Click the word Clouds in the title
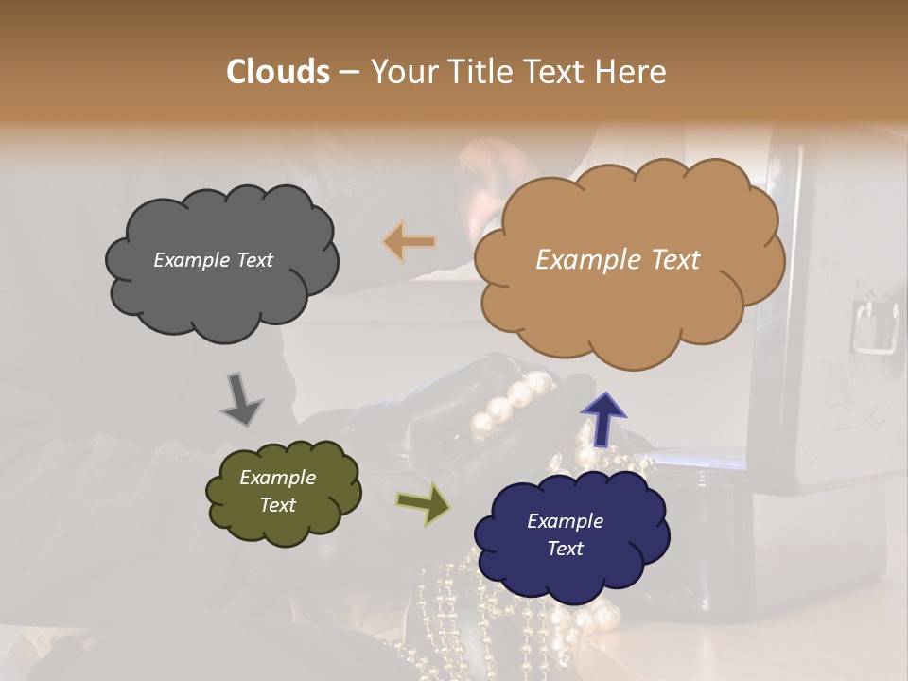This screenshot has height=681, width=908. coord(278,72)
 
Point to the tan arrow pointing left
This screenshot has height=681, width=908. coord(410,242)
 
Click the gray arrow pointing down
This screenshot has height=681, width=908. coord(240,398)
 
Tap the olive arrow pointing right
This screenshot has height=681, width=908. coord(424,503)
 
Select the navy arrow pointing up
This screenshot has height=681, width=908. coord(603,418)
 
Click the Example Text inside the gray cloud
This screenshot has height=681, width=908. coord(213,260)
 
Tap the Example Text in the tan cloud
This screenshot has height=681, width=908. coord(618,260)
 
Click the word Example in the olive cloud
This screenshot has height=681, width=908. coord(277,478)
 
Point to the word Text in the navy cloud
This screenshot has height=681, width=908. coord(565,549)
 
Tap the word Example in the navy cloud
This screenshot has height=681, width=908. coord(565,521)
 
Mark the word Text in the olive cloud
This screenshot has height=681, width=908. coord(277,505)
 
